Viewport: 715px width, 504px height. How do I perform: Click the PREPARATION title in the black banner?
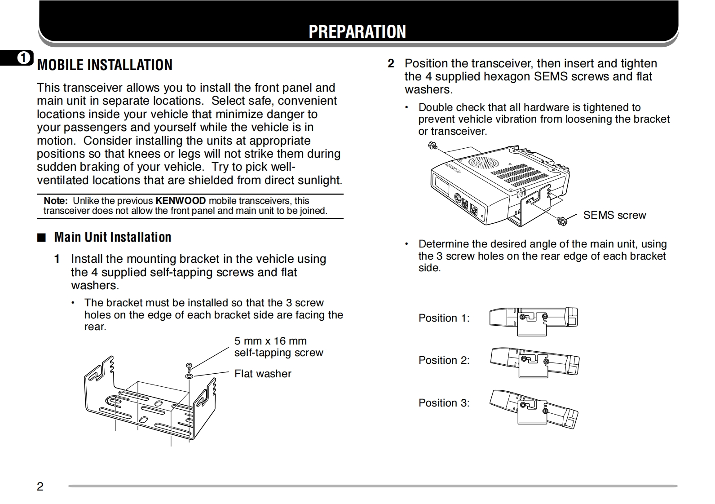point(357,31)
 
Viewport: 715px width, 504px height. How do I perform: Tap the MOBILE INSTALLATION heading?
point(105,65)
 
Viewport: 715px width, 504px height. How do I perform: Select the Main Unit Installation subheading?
point(112,237)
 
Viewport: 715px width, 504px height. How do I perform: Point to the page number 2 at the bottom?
point(40,486)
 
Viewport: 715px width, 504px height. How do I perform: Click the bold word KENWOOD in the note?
point(181,201)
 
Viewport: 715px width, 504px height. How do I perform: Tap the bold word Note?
point(56,201)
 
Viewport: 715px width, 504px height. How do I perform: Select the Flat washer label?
point(263,374)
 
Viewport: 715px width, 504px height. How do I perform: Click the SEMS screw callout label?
point(614,215)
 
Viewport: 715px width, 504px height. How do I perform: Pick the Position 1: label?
point(444,318)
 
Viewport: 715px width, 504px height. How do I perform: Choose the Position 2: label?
point(444,360)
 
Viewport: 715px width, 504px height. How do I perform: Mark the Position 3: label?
point(444,403)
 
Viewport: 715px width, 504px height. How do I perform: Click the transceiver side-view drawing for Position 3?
point(534,408)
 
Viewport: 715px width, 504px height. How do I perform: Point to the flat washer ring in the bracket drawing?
point(189,376)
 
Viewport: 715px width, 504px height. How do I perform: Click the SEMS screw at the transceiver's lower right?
point(561,220)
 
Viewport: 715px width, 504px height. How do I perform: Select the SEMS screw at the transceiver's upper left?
point(433,146)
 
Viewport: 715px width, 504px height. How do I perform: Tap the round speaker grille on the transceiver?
point(483,163)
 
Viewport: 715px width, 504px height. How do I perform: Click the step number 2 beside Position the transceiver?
point(391,64)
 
